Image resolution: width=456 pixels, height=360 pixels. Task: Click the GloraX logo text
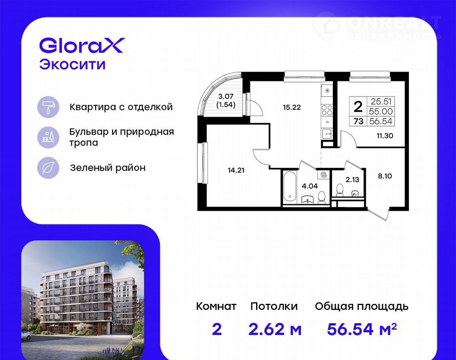(82, 45)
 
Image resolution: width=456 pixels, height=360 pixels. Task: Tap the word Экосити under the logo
(72, 64)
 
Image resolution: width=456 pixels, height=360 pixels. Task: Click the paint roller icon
(48, 107)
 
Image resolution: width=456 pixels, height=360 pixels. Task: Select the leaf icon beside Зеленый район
(48, 168)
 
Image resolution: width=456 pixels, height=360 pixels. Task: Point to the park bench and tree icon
(48, 137)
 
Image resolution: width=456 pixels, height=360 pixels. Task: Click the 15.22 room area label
(292, 108)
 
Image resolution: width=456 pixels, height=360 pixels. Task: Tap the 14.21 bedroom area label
(236, 170)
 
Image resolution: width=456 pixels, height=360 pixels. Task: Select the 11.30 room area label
(385, 136)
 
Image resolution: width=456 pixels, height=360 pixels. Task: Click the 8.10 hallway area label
(385, 176)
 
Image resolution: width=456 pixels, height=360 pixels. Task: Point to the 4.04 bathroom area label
(310, 186)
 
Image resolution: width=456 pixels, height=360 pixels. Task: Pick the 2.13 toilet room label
(352, 180)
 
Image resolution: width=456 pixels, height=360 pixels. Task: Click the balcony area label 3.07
(226, 96)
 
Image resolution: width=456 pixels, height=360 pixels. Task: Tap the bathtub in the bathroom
(290, 187)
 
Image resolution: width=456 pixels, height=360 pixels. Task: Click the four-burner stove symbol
(327, 111)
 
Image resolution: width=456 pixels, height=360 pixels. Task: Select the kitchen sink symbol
(327, 134)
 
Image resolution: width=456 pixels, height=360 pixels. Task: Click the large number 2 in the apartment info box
(358, 107)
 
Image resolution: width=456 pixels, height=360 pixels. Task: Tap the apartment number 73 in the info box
(359, 121)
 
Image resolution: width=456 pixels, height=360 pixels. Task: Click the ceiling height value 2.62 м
(275, 329)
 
